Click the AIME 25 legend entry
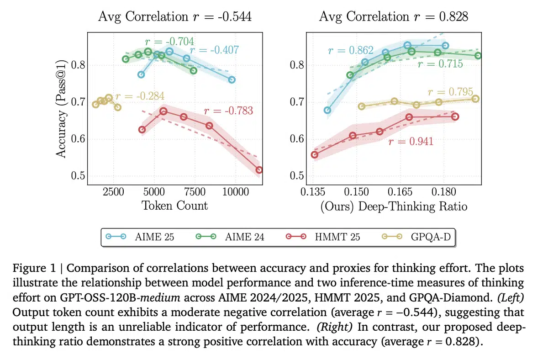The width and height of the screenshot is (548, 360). (x=139, y=236)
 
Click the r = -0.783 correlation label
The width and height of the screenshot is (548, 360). (x=228, y=110)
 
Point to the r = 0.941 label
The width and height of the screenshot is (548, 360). (x=411, y=141)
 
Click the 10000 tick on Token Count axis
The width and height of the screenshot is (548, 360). (x=236, y=191)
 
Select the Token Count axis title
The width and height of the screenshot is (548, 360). (x=174, y=205)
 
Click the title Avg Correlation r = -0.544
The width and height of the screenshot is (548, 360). (x=175, y=17)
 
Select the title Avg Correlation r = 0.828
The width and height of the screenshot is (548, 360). (x=393, y=17)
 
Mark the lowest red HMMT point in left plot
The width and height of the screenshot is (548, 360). (x=259, y=170)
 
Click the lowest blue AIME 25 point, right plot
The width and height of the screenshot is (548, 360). (x=327, y=110)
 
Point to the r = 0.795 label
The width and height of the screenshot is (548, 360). (x=450, y=92)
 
